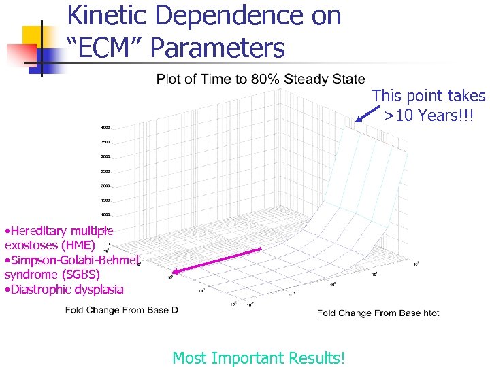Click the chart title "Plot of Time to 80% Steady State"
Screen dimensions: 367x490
tap(260, 80)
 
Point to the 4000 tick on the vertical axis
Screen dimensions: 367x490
tap(106, 128)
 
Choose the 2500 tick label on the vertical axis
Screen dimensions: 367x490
tap(106, 171)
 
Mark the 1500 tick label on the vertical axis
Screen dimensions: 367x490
tap(106, 200)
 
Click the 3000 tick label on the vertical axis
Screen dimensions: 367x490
tap(106, 156)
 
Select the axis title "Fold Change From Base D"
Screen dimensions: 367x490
tap(122, 310)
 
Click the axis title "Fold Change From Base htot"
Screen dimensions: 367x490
tap(378, 313)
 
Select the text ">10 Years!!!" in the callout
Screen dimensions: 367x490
tap(429, 116)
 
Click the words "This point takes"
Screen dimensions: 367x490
tap(429, 97)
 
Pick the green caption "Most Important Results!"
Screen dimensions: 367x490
tap(259, 357)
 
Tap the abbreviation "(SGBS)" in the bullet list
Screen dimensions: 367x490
tap(80, 275)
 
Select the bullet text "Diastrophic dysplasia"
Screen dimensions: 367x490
tap(66, 290)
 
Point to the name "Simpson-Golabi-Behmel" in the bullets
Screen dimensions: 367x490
tap(73, 260)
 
